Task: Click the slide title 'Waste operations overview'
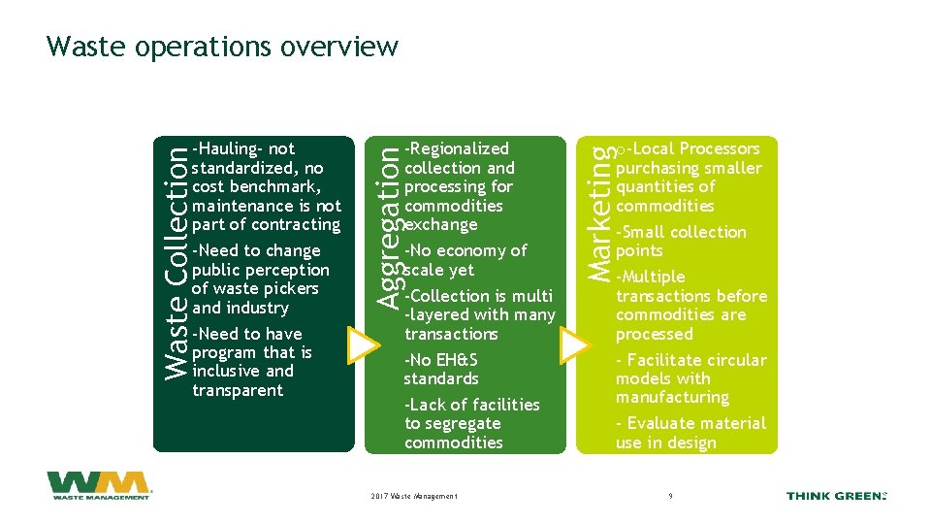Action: tap(222, 46)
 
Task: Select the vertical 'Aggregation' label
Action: tap(388, 224)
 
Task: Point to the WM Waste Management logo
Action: tap(98, 485)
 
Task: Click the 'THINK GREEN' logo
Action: tap(836, 496)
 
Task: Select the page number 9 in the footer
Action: tap(670, 497)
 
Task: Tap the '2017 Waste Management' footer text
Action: tap(414, 497)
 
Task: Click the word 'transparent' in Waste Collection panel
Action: tap(238, 390)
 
